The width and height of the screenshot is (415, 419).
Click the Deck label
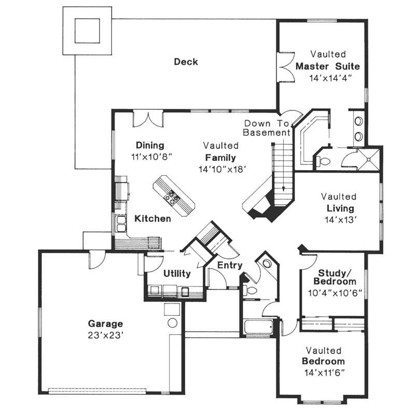(186, 62)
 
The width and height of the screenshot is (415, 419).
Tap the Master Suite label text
(327, 66)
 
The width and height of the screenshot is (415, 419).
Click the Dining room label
(150, 145)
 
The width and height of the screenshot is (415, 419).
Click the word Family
(220, 158)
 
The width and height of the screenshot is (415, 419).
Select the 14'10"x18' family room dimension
(222, 169)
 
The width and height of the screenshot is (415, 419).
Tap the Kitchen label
(153, 219)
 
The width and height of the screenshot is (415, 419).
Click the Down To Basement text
(267, 128)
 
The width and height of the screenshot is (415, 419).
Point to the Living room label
(340, 208)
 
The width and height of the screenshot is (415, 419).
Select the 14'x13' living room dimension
(340, 219)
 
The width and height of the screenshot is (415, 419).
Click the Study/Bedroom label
(337, 276)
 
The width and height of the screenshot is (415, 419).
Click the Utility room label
(177, 273)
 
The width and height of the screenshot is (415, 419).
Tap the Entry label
(230, 265)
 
